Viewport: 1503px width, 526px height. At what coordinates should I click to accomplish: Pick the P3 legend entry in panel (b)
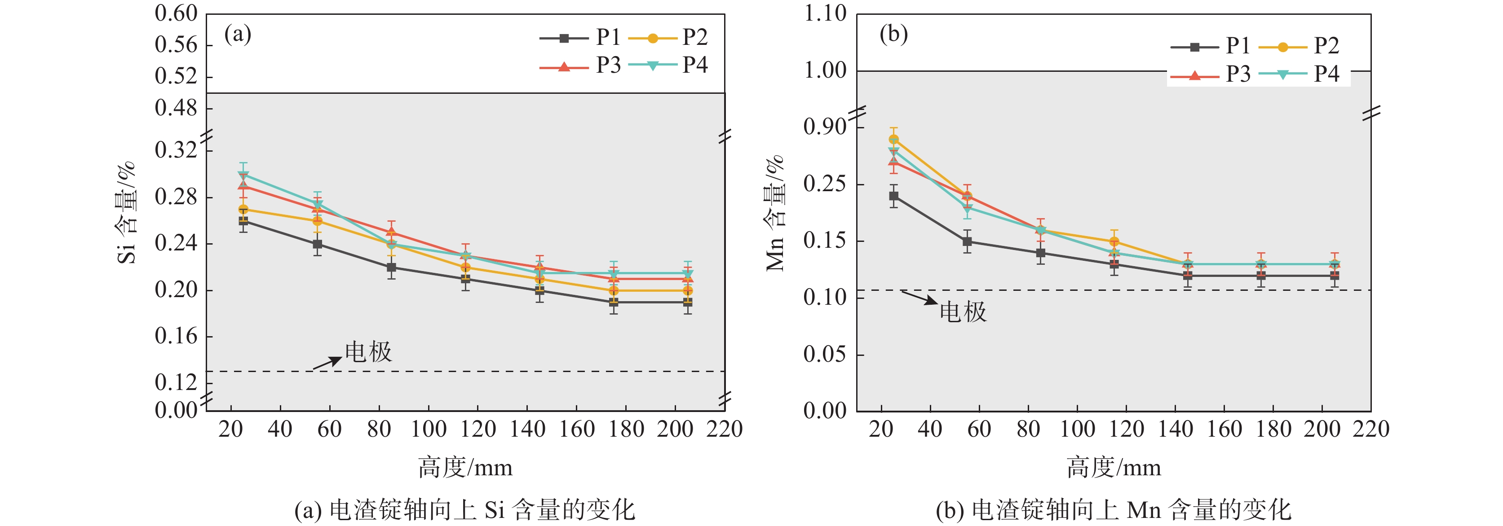pos(1213,75)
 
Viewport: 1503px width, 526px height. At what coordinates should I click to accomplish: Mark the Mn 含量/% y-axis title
pos(775,213)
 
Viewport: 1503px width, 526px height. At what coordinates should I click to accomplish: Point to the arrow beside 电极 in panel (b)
pos(919,298)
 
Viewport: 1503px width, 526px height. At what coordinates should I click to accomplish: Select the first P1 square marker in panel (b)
pos(894,196)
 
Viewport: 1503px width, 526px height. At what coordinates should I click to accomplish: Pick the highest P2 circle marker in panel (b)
pos(894,140)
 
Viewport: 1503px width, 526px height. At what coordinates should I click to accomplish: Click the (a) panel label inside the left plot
pos(238,35)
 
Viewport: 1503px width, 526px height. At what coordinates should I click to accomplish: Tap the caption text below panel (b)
pos(1113,510)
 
